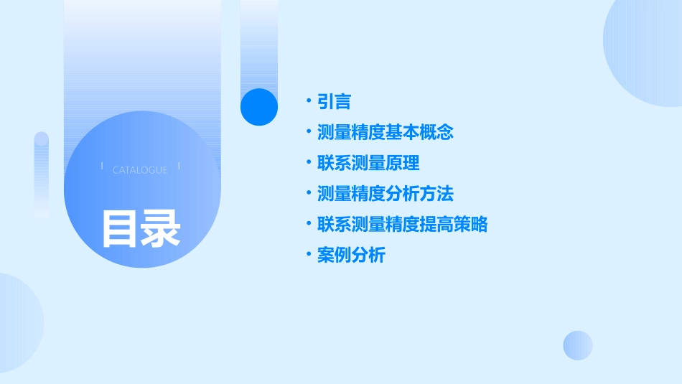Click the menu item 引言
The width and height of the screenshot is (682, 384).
[x=334, y=102]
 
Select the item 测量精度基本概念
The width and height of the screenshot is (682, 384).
[x=386, y=133]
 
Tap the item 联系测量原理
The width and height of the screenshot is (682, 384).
[x=368, y=163]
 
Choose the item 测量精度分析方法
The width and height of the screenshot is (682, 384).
[x=386, y=194]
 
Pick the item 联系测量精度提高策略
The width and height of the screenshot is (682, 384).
[x=402, y=225]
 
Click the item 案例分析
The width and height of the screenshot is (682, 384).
[x=351, y=256]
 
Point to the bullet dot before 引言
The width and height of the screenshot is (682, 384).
[x=309, y=101]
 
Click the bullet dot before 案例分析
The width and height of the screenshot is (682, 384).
[x=309, y=255]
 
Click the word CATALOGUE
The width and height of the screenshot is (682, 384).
[x=140, y=170]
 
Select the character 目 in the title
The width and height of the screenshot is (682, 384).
[x=119, y=228]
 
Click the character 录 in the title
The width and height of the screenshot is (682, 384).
[x=161, y=228]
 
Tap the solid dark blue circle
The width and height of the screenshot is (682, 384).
[x=259, y=107]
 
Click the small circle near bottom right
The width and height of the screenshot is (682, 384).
[x=578, y=345]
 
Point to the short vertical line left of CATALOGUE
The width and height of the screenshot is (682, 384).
[x=102, y=167]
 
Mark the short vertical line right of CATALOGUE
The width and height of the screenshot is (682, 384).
[x=178, y=167]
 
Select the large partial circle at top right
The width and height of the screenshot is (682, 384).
[x=646, y=50]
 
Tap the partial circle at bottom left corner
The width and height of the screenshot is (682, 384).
[x=18, y=323]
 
